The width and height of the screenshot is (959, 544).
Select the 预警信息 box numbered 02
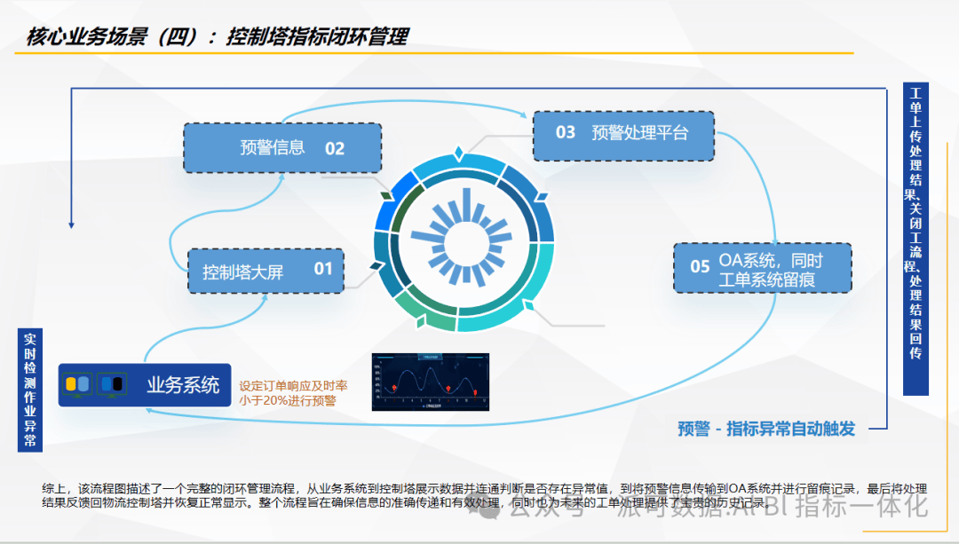[x=282, y=148]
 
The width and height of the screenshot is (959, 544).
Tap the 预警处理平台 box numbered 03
[x=623, y=135]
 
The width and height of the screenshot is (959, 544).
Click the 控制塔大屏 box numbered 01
[x=266, y=270]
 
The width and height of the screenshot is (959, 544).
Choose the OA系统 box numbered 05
[x=762, y=268]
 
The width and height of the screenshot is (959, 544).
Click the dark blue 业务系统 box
[x=145, y=384]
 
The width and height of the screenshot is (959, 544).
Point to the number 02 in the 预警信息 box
[x=334, y=148]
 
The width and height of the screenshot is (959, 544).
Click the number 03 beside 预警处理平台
[x=566, y=133]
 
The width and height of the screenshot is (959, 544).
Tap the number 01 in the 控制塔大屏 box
[x=322, y=268]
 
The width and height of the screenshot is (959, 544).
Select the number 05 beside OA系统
[x=700, y=267]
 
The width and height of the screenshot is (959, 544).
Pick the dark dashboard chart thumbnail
[x=431, y=382]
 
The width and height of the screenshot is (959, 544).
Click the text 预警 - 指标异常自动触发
[x=765, y=430]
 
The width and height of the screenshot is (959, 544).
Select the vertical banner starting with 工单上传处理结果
[x=915, y=238]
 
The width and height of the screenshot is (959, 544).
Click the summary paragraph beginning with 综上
[x=479, y=496]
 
